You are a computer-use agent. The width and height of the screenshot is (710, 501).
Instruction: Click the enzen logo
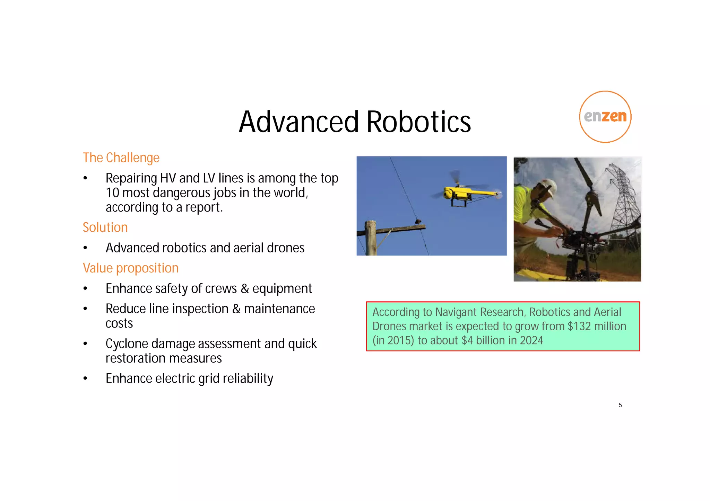click(x=605, y=117)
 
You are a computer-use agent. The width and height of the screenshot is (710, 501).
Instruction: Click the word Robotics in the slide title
click(x=418, y=122)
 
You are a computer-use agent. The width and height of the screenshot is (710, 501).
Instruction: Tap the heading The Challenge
click(x=121, y=158)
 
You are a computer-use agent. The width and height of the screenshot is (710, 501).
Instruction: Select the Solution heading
click(x=105, y=227)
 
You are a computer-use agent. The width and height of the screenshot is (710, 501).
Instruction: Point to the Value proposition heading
click(x=130, y=268)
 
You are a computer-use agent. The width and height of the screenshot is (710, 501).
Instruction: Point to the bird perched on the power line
click(x=418, y=221)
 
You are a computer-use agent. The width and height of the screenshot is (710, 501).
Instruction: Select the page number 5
click(x=620, y=405)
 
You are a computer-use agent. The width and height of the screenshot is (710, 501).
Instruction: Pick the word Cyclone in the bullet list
click(x=127, y=344)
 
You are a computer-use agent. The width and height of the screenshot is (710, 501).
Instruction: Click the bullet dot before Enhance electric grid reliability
click(x=85, y=378)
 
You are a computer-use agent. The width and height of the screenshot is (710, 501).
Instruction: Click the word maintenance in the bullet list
click(x=279, y=309)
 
